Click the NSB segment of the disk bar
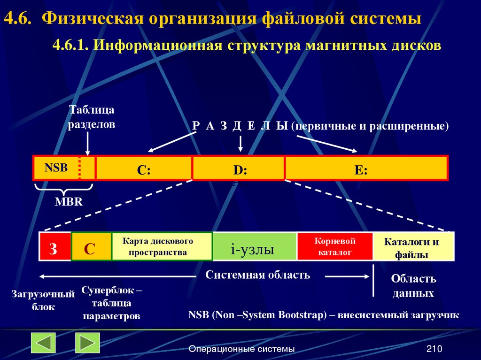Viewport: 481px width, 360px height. coord(56,168)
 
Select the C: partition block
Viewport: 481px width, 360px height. coord(144,169)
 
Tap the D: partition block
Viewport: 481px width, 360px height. coord(239,169)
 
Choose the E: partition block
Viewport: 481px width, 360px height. coord(366,169)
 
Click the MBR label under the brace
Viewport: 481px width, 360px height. coord(69,202)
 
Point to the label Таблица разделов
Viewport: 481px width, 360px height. coord(92,118)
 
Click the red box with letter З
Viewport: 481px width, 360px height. coord(54,247)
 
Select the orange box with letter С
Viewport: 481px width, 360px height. coord(91,247)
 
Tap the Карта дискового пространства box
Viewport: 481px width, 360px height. coord(162,246)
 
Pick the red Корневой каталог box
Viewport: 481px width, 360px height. coord(334,246)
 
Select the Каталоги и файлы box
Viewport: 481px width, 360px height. coord(413,247)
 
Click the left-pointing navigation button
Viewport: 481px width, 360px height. coord(44,343)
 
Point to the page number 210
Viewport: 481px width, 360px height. coord(434,349)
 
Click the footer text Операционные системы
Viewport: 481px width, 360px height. coord(241,349)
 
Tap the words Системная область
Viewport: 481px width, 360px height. coord(257,275)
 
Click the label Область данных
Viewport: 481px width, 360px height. coord(413,286)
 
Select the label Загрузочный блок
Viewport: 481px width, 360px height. coord(43,301)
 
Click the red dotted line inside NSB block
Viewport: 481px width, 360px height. coord(79,168)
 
